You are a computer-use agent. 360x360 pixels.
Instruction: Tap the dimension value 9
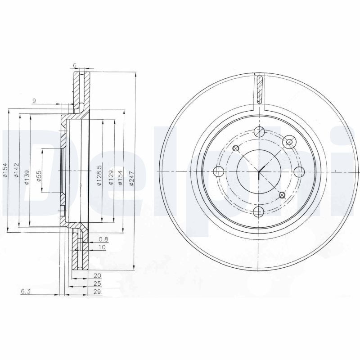tap(34, 100)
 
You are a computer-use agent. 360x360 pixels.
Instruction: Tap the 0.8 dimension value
tap(103, 239)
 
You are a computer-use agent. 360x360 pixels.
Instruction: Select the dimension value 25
tap(97, 283)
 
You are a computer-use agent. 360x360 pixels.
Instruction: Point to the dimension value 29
tap(97, 292)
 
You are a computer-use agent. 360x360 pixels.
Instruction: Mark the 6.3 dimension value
tap(25, 292)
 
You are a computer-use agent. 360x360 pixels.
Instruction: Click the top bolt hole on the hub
tap(259, 132)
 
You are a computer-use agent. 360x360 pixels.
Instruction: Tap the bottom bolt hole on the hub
tap(259, 211)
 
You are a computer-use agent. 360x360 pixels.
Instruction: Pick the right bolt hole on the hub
tap(299, 171)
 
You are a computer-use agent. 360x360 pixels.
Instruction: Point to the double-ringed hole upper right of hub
tap(289, 142)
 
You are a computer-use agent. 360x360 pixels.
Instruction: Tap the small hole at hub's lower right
tap(282, 194)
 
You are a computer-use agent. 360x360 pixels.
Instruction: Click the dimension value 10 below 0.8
tap(102, 247)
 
